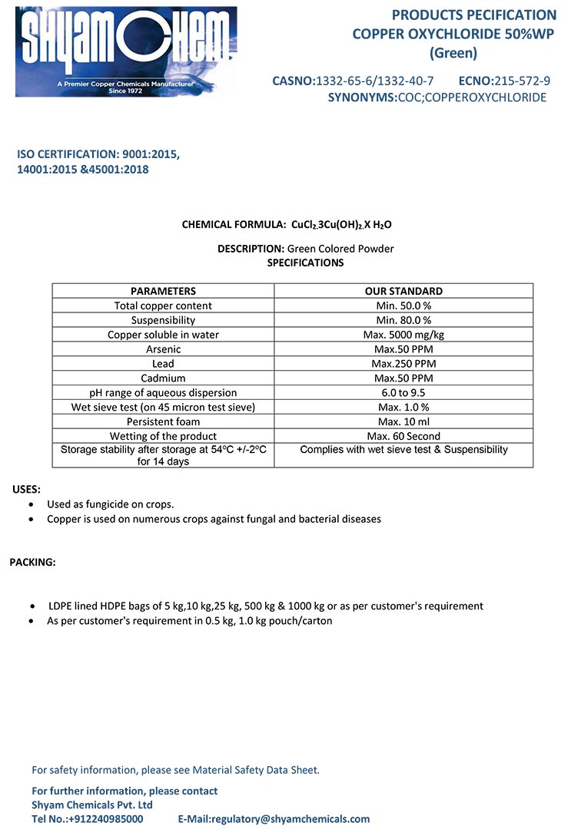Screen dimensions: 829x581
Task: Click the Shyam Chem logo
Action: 126,51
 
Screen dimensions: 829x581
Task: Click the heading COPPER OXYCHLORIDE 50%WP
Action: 453,34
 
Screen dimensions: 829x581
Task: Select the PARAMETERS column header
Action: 163,291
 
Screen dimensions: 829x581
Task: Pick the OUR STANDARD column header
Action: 403,291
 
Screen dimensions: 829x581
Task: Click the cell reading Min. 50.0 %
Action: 403,306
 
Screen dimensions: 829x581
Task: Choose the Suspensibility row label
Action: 163,320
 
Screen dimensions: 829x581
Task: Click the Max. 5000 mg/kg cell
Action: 403,335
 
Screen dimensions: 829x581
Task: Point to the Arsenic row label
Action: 163,349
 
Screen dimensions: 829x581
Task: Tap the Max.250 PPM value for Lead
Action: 403,364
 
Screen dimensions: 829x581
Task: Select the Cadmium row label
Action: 163,378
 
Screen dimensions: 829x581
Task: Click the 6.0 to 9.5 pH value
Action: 403,392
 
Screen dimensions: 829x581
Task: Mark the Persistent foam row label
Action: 163,421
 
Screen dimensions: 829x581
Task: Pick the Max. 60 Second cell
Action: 403,436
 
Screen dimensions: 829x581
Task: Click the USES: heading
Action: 27,489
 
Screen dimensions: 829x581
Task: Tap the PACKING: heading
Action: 32,562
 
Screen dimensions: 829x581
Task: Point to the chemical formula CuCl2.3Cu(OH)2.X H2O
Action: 341,225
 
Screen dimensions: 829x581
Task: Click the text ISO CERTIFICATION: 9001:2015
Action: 98,154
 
